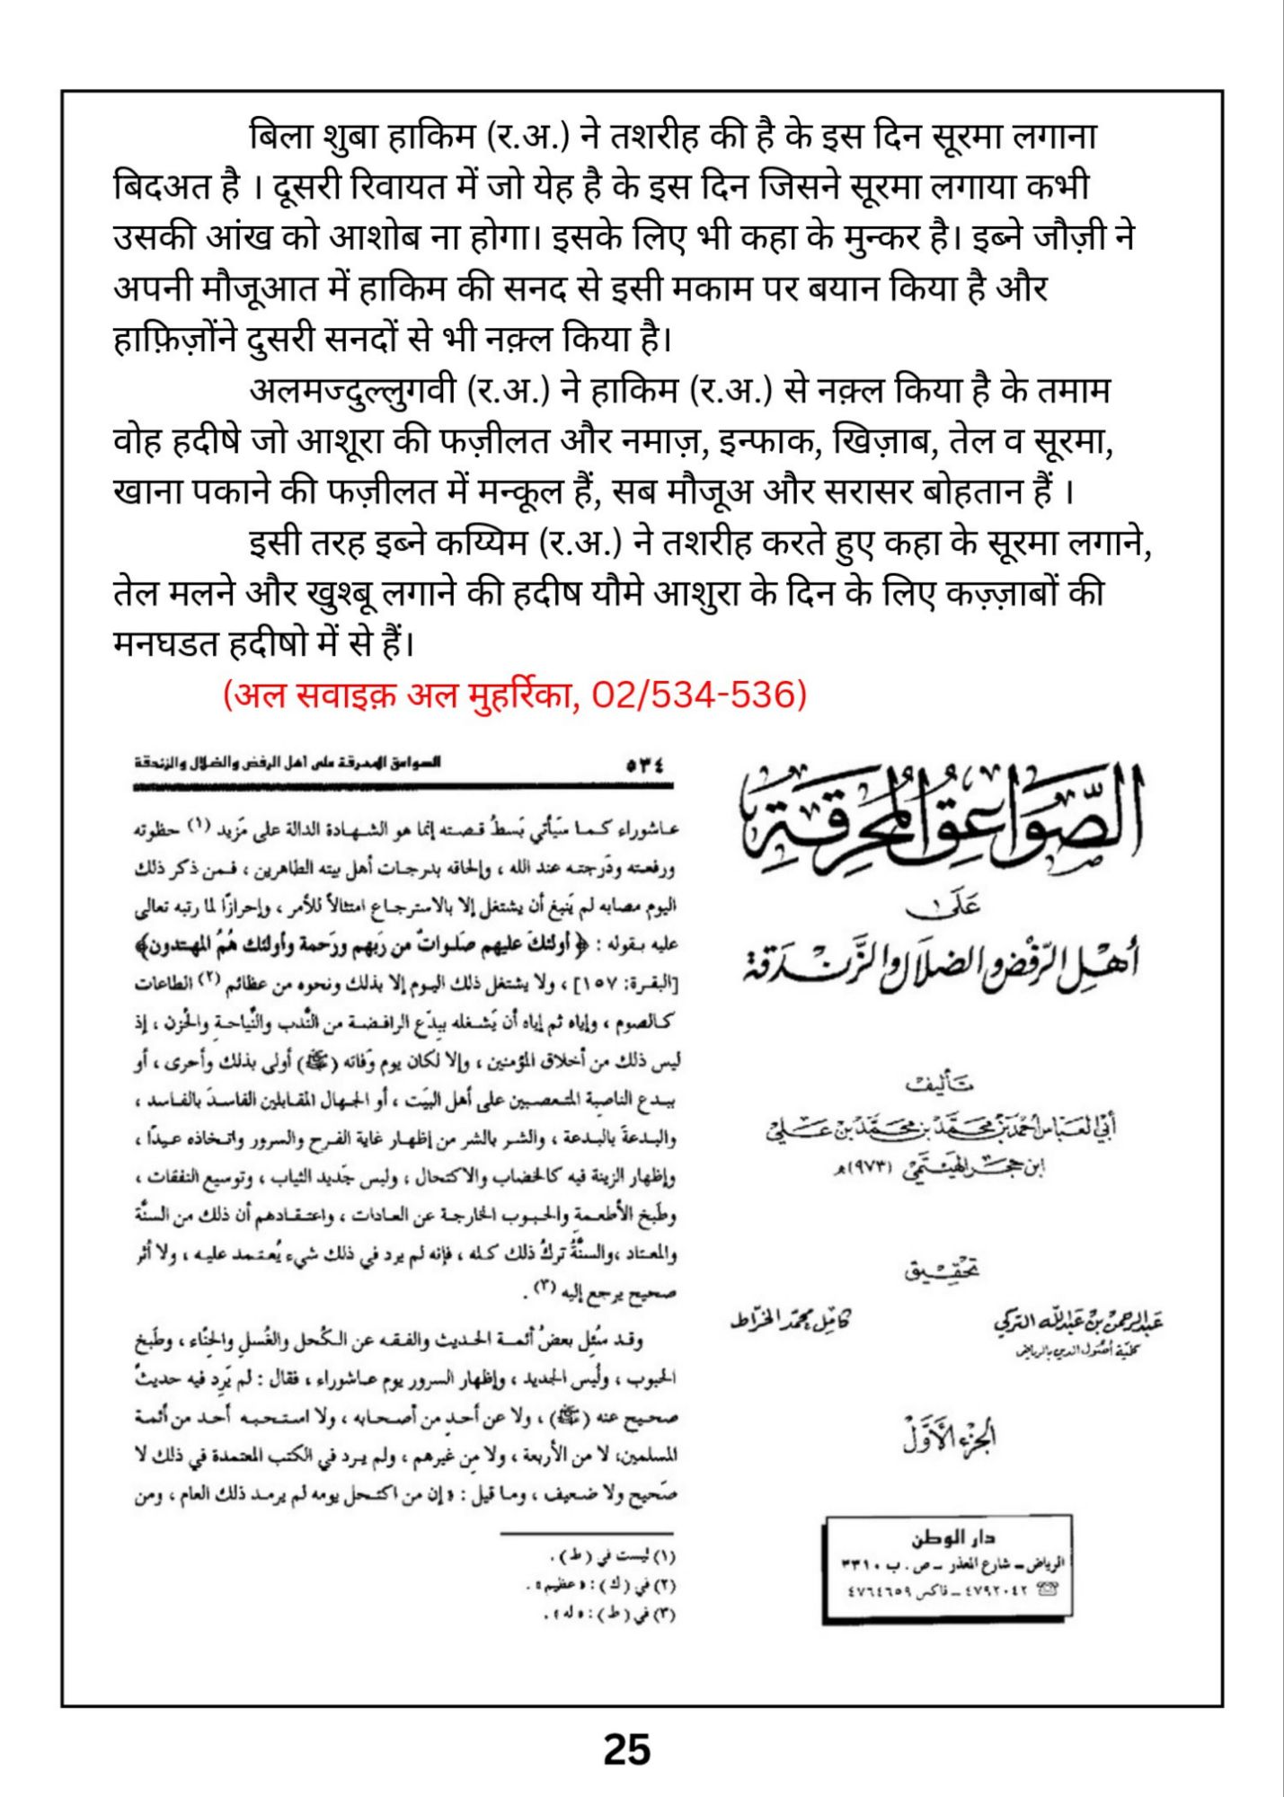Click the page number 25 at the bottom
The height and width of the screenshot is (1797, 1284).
pyautogui.click(x=627, y=1748)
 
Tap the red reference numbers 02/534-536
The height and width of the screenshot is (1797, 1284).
pyautogui.click(x=698, y=695)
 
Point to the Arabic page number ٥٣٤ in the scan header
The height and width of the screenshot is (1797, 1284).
pyautogui.click(x=646, y=766)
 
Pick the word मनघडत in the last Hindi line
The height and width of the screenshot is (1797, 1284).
pyautogui.click(x=167, y=644)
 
